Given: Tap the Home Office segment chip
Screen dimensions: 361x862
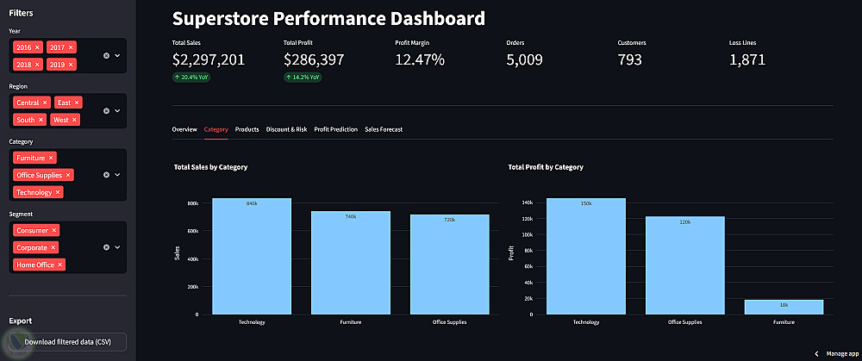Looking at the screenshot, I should [35, 265].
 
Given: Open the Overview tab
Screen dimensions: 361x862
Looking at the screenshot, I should [184, 129].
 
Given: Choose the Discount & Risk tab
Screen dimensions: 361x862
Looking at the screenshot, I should [286, 129].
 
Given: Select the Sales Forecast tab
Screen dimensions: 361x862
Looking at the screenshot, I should [384, 129].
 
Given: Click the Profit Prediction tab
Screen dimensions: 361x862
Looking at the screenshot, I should [335, 129].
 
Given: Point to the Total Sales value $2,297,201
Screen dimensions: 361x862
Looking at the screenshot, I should [209, 59].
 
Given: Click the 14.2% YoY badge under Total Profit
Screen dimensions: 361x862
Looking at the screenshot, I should [303, 77].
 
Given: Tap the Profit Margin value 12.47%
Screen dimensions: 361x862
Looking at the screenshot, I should [420, 59].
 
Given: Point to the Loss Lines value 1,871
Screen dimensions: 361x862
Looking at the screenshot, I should [747, 59].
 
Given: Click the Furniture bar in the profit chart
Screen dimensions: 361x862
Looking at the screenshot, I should [784, 307].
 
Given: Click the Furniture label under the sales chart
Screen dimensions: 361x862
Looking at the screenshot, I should [351, 322].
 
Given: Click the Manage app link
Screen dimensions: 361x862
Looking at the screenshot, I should [843, 353].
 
